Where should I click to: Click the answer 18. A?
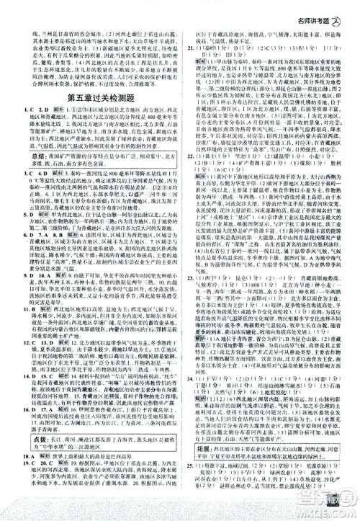click(x=23, y=438)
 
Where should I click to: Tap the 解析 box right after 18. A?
click(x=40, y=438)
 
